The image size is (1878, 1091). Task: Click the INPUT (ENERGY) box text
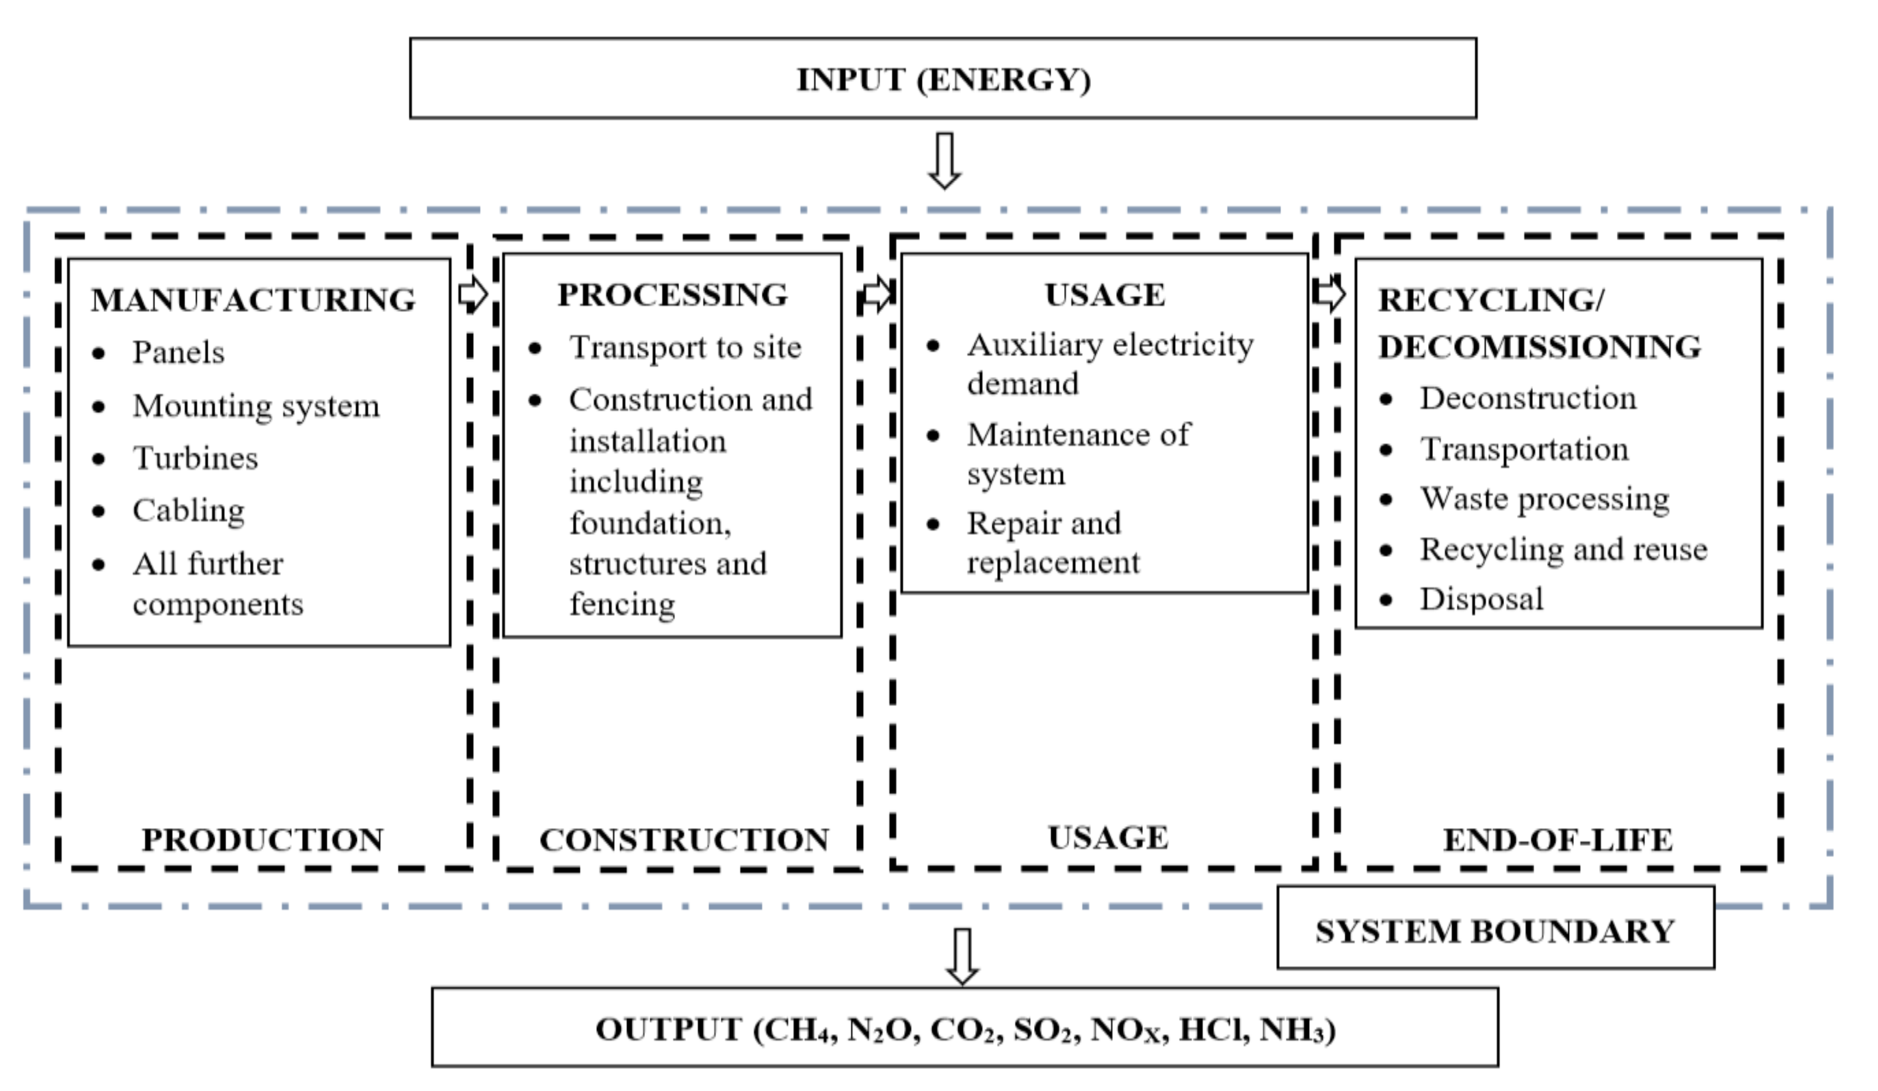(943, 80)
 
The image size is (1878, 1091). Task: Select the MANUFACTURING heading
(253, 300)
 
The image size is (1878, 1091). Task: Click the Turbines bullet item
(196, 458)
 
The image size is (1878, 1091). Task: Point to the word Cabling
(189, 511)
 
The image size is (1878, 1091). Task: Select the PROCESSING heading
(672, 294)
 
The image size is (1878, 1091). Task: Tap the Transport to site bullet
(685, 348)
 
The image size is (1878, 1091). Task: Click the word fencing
(622, 604)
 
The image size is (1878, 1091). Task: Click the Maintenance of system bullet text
(1078, 453)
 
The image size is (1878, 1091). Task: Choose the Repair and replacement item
(1052, 542)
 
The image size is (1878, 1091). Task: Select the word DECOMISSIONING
(1540, 346)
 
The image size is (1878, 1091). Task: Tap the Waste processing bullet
(1544, 498)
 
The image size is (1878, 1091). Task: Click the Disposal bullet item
(1481, 599)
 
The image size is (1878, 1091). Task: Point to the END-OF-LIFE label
(1557, 840)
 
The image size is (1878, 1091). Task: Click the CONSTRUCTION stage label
(684, 840)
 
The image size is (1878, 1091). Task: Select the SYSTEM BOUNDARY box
(1495, 932)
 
